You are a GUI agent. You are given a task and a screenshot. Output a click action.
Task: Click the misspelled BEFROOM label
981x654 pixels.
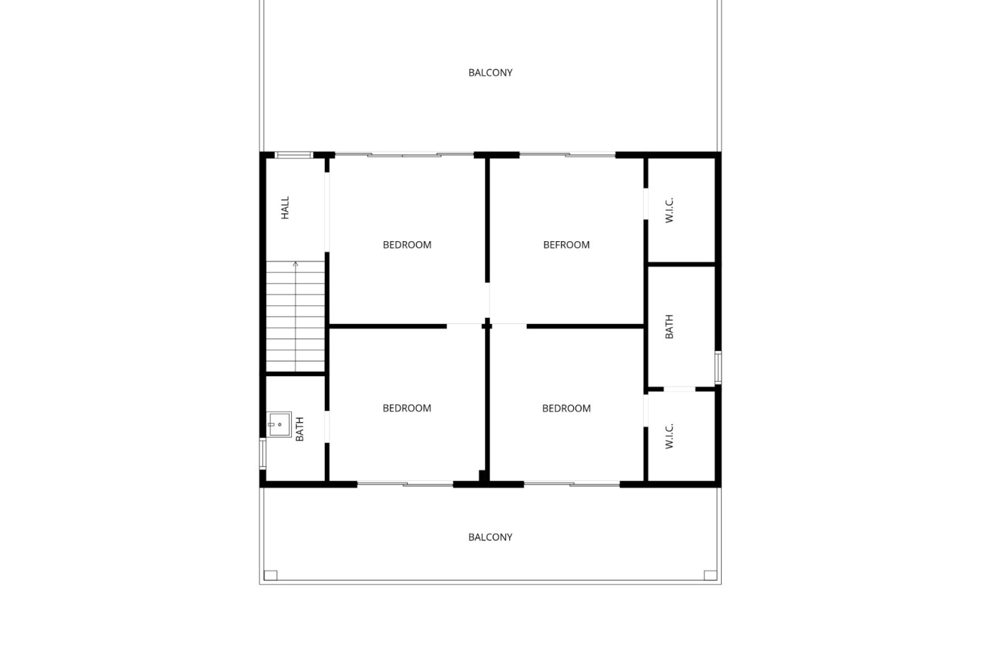[x=566, y=245]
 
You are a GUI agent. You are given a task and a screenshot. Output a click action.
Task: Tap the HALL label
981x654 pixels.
[x=285, y=208]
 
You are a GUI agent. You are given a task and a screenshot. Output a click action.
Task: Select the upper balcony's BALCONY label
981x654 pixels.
[x=490, y=73]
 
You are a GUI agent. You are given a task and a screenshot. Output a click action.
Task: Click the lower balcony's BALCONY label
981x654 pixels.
[x=490, y=537]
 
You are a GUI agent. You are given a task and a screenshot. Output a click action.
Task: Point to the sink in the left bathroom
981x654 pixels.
[x=279, y=425]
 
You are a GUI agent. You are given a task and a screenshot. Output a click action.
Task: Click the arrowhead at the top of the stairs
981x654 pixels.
[x=295, y=264]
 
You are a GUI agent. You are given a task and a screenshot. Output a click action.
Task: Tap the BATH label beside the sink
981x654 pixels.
[x=299, y=429]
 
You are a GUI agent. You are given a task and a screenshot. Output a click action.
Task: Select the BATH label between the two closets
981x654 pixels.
[x=669, y=326]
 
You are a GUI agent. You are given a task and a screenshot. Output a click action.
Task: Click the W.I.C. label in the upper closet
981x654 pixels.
[x=669, y=209]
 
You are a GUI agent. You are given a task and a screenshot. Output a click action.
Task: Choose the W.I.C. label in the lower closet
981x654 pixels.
[x=669, y=436]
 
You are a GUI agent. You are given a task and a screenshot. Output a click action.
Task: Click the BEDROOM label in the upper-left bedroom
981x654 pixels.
[x=407, y=245]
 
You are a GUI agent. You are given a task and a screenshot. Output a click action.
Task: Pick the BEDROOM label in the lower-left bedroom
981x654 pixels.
[x=407, y=408]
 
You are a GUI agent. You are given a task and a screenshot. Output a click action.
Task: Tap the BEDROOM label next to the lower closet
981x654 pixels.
[x=566, y=408]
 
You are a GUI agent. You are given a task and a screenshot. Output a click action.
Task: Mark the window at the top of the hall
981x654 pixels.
[x=294, y=155]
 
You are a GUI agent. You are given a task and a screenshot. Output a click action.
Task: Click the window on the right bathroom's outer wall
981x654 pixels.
[x=718, y=367]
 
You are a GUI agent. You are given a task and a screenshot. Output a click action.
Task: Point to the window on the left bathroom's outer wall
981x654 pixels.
[x=263, y=454]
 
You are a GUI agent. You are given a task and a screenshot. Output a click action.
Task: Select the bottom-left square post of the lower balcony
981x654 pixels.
[x=270, y=575]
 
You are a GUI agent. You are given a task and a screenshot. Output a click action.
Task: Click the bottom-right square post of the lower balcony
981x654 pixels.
[x=710, y=575]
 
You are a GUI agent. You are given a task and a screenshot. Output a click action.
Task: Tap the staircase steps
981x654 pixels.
[x=295, y=317]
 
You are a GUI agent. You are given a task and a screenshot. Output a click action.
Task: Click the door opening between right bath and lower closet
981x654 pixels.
[x=680, y=389]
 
